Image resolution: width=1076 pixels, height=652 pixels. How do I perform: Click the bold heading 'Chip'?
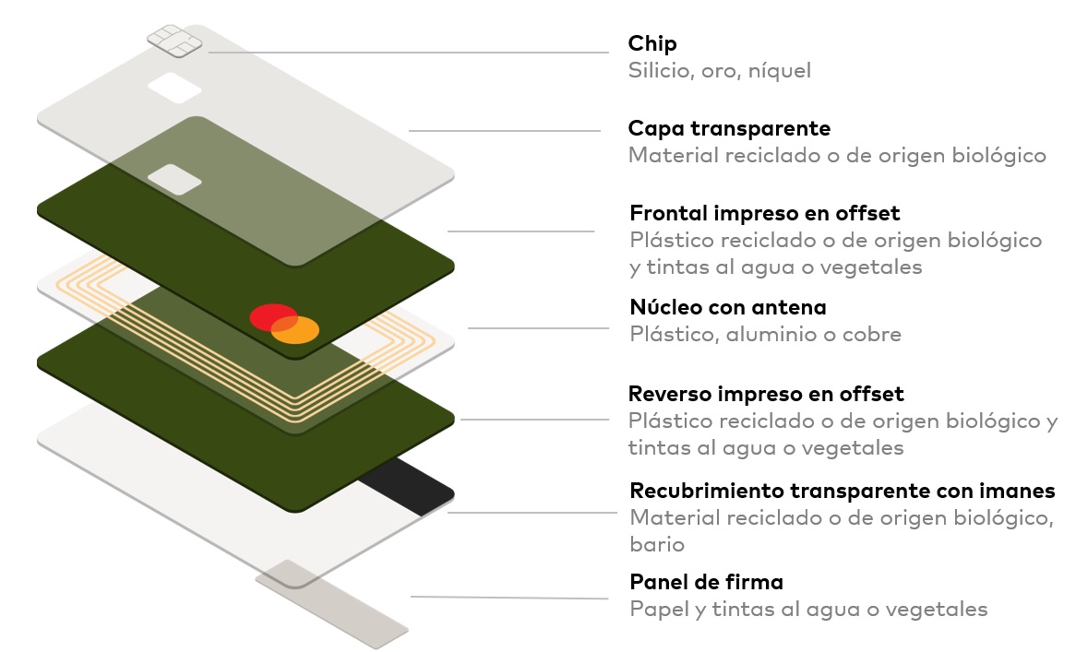(x=652, y=43)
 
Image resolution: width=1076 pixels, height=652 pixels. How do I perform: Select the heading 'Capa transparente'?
(x=729, y=128)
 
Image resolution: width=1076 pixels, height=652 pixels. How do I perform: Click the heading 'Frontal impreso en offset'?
(x=764, y=213)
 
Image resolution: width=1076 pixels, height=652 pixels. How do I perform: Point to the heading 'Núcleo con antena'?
(x=727, y=306)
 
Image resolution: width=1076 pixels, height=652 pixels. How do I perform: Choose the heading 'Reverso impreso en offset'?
(x=766, y=394)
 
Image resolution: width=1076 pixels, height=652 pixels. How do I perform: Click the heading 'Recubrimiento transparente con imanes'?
(x=842, y=490)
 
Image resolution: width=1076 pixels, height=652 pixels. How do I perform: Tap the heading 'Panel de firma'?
(x=706, y=582)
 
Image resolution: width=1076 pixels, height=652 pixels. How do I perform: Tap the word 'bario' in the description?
(x=656, y=544)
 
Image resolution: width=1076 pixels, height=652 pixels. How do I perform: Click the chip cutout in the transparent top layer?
(x=174, y=89)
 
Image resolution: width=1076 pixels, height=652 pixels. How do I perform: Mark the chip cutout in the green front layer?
(x=174, y=179)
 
